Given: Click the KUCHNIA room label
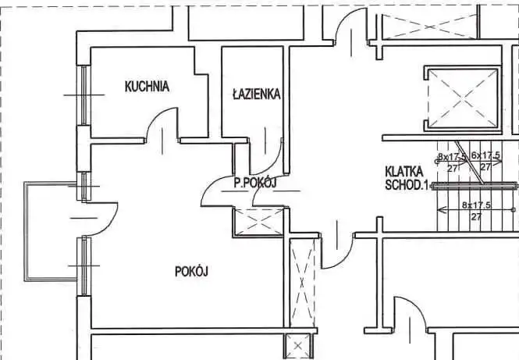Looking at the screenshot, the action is point(147,87).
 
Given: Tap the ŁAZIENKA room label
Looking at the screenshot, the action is point(257,94).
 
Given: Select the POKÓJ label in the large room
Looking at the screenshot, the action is point(191,272).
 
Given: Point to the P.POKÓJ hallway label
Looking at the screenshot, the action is point(255,183).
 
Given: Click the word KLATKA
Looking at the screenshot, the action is point(404,172).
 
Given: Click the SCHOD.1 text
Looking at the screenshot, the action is point(407,185).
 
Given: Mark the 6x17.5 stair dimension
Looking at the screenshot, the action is point(485,155).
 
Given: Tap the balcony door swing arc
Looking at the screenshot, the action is point(109,225).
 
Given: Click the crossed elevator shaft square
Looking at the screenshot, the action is point(463,98).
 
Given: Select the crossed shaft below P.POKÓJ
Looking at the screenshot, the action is point(259,222).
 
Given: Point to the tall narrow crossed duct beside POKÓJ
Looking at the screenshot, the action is point(301,283).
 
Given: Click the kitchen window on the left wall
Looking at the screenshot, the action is point(84,95).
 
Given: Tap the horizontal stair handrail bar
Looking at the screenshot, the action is point(475,186).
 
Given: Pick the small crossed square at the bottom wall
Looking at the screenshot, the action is point(297,347).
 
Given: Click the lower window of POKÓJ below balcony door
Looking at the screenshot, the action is point(84,266).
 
